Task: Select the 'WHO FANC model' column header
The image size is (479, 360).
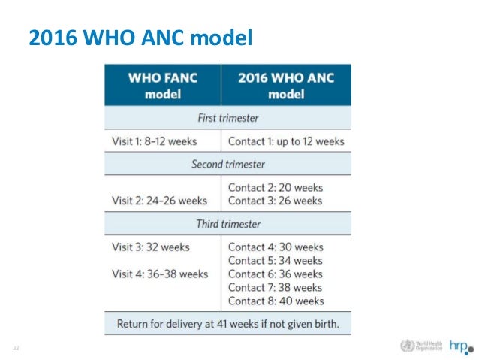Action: click(x=162, y=86)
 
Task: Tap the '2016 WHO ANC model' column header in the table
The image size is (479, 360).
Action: click(x=285, y=86)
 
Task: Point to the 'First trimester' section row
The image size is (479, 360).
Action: click(x=227, y=118)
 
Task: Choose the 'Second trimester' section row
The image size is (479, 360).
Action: click(x=227, y=164)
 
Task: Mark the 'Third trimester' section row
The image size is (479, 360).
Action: click(x=227, y=224)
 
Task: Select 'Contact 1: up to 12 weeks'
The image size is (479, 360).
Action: click(x=285, y=141)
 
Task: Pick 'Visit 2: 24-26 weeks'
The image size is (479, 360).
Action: click(x=158, y=201)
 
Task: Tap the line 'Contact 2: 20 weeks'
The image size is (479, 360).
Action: click(x=275, y=187)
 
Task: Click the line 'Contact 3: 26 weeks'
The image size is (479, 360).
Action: click(x=275, y=201)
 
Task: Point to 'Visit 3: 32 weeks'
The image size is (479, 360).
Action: click(x=150, y=247)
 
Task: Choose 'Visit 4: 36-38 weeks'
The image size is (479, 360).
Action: click(x=159, y=274)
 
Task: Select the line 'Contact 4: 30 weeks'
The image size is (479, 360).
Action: click(x=276, y=247)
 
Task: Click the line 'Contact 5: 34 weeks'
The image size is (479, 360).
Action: click(x=276, y=260)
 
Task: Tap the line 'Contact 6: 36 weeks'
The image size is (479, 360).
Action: click(x=276, y=274)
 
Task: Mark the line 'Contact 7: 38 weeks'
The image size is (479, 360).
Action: click(x=276, y=287)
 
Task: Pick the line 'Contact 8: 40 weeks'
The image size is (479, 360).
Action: click(x=276, y=301)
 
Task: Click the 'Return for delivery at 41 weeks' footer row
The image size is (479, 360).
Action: click(x=227, y=324)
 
